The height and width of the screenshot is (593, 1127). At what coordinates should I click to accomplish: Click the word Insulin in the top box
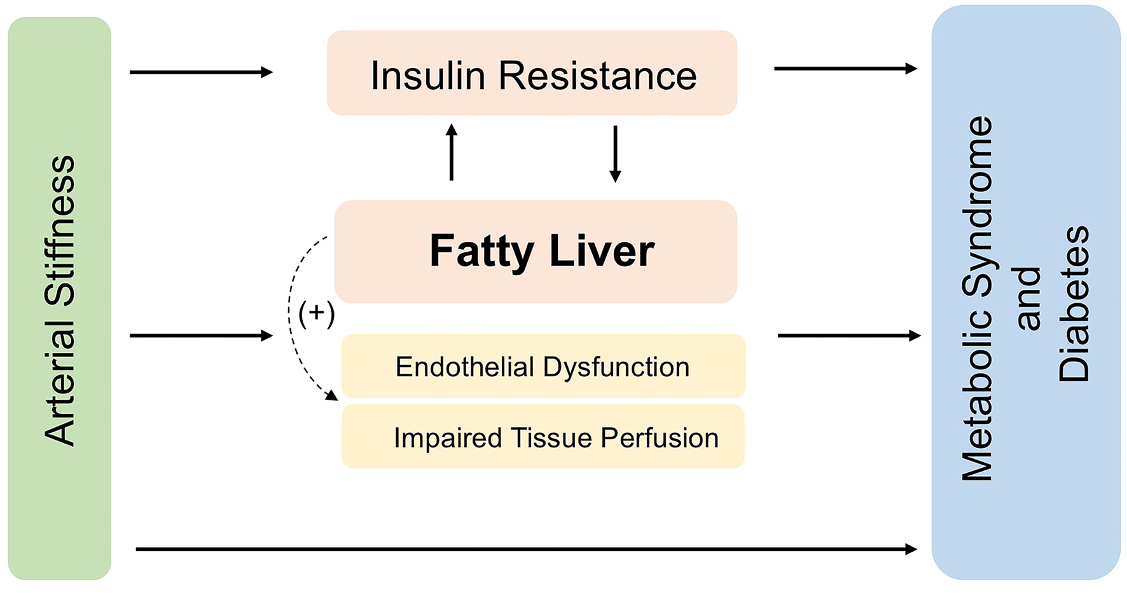428,76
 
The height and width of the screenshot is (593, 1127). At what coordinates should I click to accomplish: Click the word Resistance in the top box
597,76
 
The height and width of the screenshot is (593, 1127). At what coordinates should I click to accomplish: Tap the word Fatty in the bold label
481,252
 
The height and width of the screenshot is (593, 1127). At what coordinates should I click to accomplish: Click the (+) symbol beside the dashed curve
316,313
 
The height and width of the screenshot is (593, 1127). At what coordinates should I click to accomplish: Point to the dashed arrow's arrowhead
332,395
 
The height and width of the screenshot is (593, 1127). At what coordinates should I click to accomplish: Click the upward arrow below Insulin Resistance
452,153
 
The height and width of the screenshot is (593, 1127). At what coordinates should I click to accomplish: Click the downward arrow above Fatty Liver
615,154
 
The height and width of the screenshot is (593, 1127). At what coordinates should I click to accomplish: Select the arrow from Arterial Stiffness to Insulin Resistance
200,72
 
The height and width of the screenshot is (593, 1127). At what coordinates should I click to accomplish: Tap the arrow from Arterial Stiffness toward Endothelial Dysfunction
200,336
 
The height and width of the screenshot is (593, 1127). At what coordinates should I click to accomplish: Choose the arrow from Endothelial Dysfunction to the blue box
848,336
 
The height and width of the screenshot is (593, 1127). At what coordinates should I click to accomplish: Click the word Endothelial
464,367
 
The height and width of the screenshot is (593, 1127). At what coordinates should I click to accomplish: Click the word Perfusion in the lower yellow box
659,438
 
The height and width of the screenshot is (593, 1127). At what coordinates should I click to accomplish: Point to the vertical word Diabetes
1074,304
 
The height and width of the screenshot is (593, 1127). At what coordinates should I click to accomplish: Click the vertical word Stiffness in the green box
60,230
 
